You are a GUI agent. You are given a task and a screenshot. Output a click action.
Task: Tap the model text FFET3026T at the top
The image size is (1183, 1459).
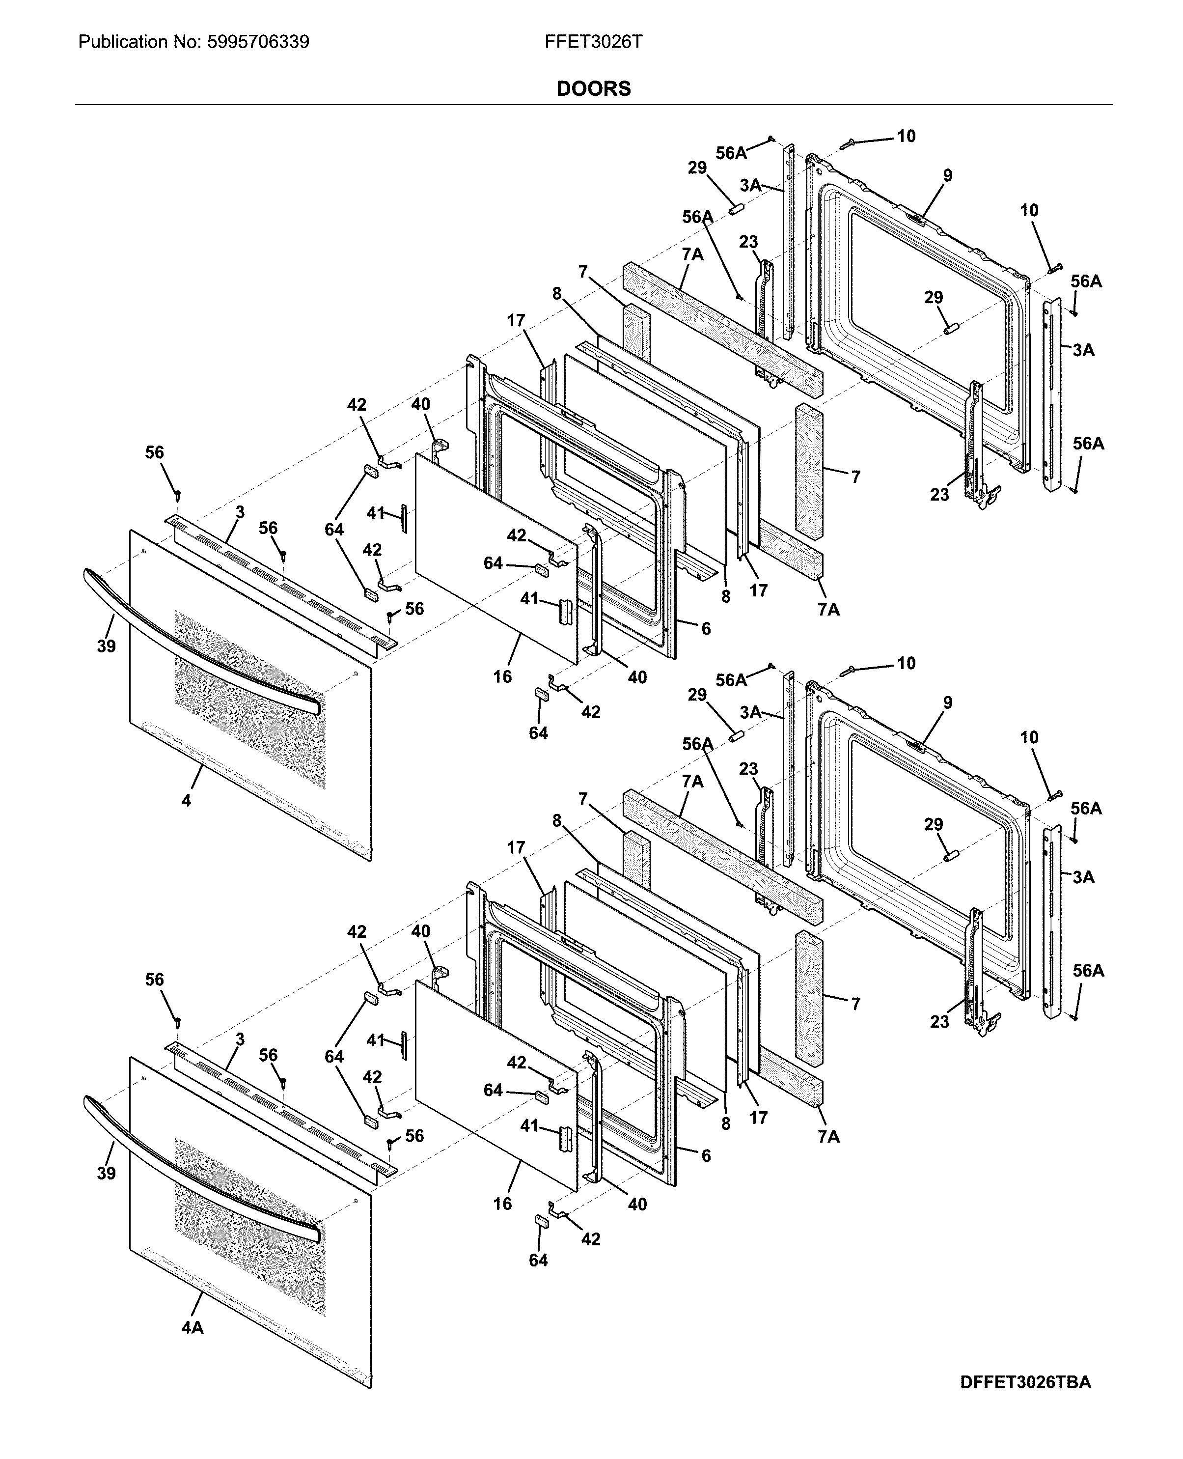[593, 42]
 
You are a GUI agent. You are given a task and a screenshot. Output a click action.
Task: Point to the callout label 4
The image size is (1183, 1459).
[186, 800]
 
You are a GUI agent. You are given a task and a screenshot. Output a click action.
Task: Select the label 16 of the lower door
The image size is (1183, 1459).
[502, 1204]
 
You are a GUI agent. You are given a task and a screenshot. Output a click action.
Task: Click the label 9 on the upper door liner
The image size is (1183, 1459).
[947, 176]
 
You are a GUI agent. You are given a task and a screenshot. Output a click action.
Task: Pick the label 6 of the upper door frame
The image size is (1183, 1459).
[706, 629]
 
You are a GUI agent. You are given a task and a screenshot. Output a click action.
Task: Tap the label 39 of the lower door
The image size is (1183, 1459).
[106, 1173]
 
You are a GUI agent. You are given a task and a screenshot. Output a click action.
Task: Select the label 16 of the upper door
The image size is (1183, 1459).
[502, 677]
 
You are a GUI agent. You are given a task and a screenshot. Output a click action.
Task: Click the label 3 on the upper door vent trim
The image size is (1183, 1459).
[240, 512]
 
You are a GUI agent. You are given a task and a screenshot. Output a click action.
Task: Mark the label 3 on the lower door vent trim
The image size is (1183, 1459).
[240, 1039]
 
